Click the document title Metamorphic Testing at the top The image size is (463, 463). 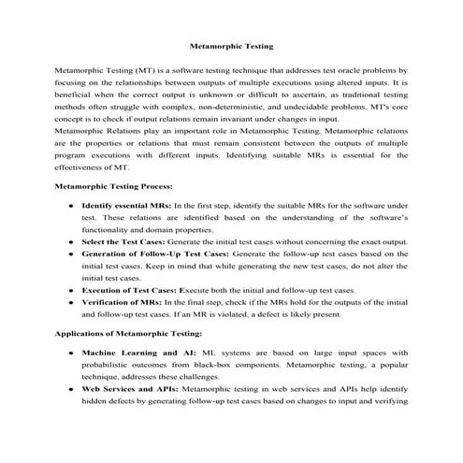[x=231, y=44]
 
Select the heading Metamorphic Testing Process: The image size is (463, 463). [x=113, y=187]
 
